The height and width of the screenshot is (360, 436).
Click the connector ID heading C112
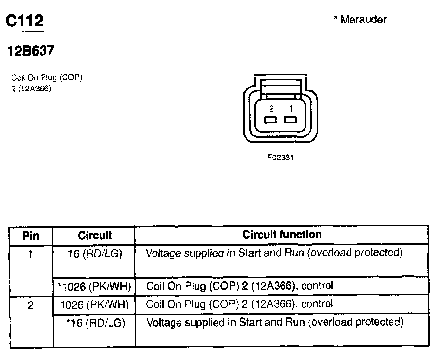pyautogui.click(x=24, y=21)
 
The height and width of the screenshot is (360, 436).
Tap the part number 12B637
pyautogui.click(x=30, y=51)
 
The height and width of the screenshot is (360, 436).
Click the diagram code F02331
pyautogui.click(x=280, y=157)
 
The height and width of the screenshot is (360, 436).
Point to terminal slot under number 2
pyautogui.click(x=270, y=120)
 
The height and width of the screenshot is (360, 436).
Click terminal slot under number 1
pyautogui.click(x=291, y=120)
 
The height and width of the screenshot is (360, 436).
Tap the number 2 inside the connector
pyautogui.click(x=270, y=109)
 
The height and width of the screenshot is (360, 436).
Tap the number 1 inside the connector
pyautogui.click(x=290, y=109)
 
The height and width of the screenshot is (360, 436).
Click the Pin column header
pyautogui.click(x=31, y=235)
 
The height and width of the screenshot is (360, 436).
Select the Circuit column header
pyautogui.click(x=95, y=235)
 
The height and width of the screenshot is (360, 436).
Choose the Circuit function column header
pyautogui.click(x=282, y=235)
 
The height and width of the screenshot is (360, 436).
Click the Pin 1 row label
pyautogui.click(x=31, y=254)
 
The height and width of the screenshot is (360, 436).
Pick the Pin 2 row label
pyautogui.click(x=31, y=305)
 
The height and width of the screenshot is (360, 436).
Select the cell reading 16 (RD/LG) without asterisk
pyautogui.click(x=95, y=253)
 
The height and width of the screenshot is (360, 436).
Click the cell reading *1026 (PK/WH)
pyautogui.click(x=94, y=286)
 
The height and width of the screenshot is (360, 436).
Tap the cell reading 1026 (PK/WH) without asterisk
pyautogui.click(x=94, y=305)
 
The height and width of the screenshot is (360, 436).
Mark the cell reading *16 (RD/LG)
pyautogui.click(x=96, y=323)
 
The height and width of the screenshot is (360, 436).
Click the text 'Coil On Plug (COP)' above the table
pyautogui.click(x=46, y=78)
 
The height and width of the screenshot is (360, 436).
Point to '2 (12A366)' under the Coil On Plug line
pyautogui.click(x=31, y=89)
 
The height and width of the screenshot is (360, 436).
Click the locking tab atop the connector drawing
pyautogui.click(x=280, y=88)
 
